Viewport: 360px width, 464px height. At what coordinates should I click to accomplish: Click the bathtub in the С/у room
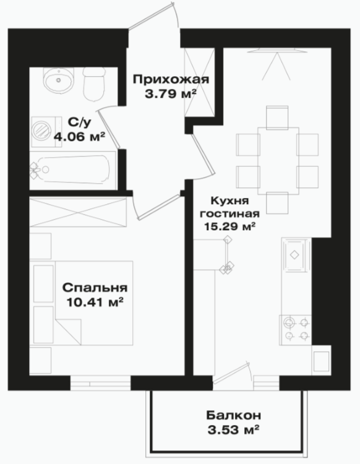tap(73, 170)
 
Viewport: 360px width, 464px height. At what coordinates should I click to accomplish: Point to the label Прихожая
tap(171, 79)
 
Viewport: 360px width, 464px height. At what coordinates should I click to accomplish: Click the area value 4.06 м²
tap(80, 137)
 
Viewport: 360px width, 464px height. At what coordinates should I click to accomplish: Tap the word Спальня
tap(95, 288)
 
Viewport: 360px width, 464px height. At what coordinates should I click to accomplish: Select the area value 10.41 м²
tap(95, 303)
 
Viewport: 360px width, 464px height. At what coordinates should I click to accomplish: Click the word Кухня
tap(230, 201)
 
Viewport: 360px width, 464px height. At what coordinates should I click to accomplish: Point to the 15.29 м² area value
tap(230, 226)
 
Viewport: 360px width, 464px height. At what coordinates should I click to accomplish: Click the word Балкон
tap(234, 415)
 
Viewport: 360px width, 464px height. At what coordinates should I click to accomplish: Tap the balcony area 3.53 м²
tap(234, 430)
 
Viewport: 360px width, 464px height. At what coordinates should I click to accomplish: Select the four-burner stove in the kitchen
tap(296, 330)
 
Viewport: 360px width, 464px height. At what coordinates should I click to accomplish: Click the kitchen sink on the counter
tap(294, 255)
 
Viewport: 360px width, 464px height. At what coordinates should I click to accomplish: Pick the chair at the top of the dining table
tap(277, 118)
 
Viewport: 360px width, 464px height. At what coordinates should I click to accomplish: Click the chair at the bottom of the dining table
tap(277, 203)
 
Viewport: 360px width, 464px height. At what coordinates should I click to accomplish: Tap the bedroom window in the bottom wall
tap(101, 383)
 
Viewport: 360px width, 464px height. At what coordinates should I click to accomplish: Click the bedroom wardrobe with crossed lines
tap(78, 212)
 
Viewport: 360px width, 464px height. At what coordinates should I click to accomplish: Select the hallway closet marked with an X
tap(199, 82)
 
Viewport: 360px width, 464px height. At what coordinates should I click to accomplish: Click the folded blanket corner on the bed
tap(68, 332)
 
